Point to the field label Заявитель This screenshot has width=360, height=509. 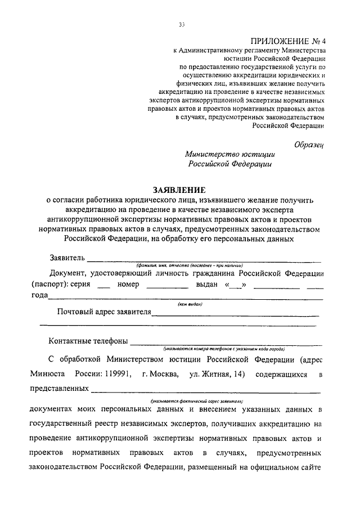pyautogui.click(x=67, y=258)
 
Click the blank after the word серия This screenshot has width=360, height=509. pyautogui.click(x=103, y=287)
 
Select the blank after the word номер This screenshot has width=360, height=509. pyautogui.click(x=166, y=287)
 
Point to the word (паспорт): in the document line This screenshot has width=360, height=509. pyautogui.click(x=49, y=284)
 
